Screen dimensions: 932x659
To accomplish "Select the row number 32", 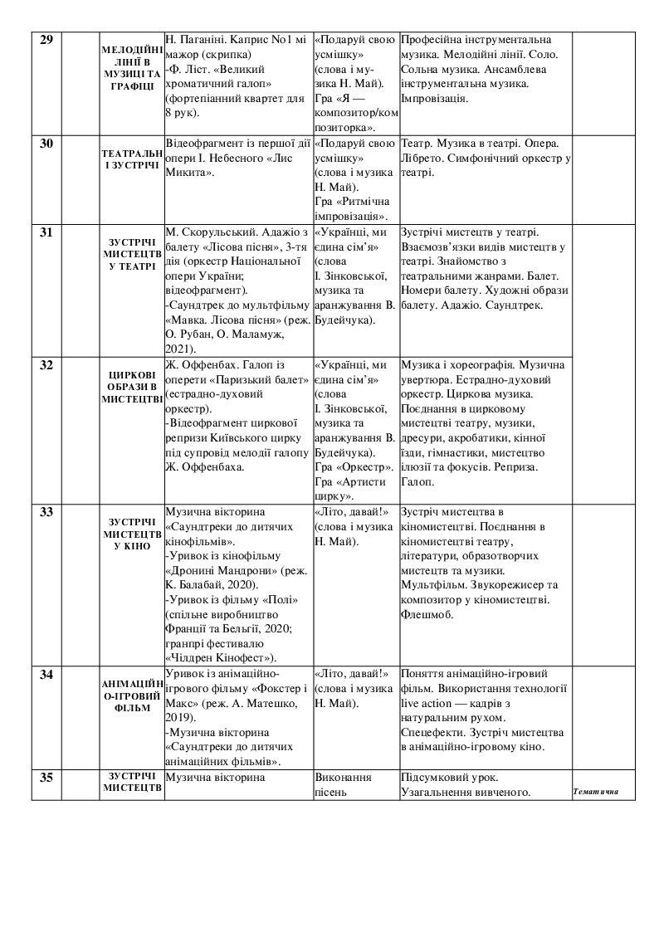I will pos(46,365).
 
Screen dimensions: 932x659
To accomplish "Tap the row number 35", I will pos(46,778).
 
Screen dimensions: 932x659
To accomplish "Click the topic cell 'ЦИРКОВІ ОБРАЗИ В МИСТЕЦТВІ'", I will pos(131,386).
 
